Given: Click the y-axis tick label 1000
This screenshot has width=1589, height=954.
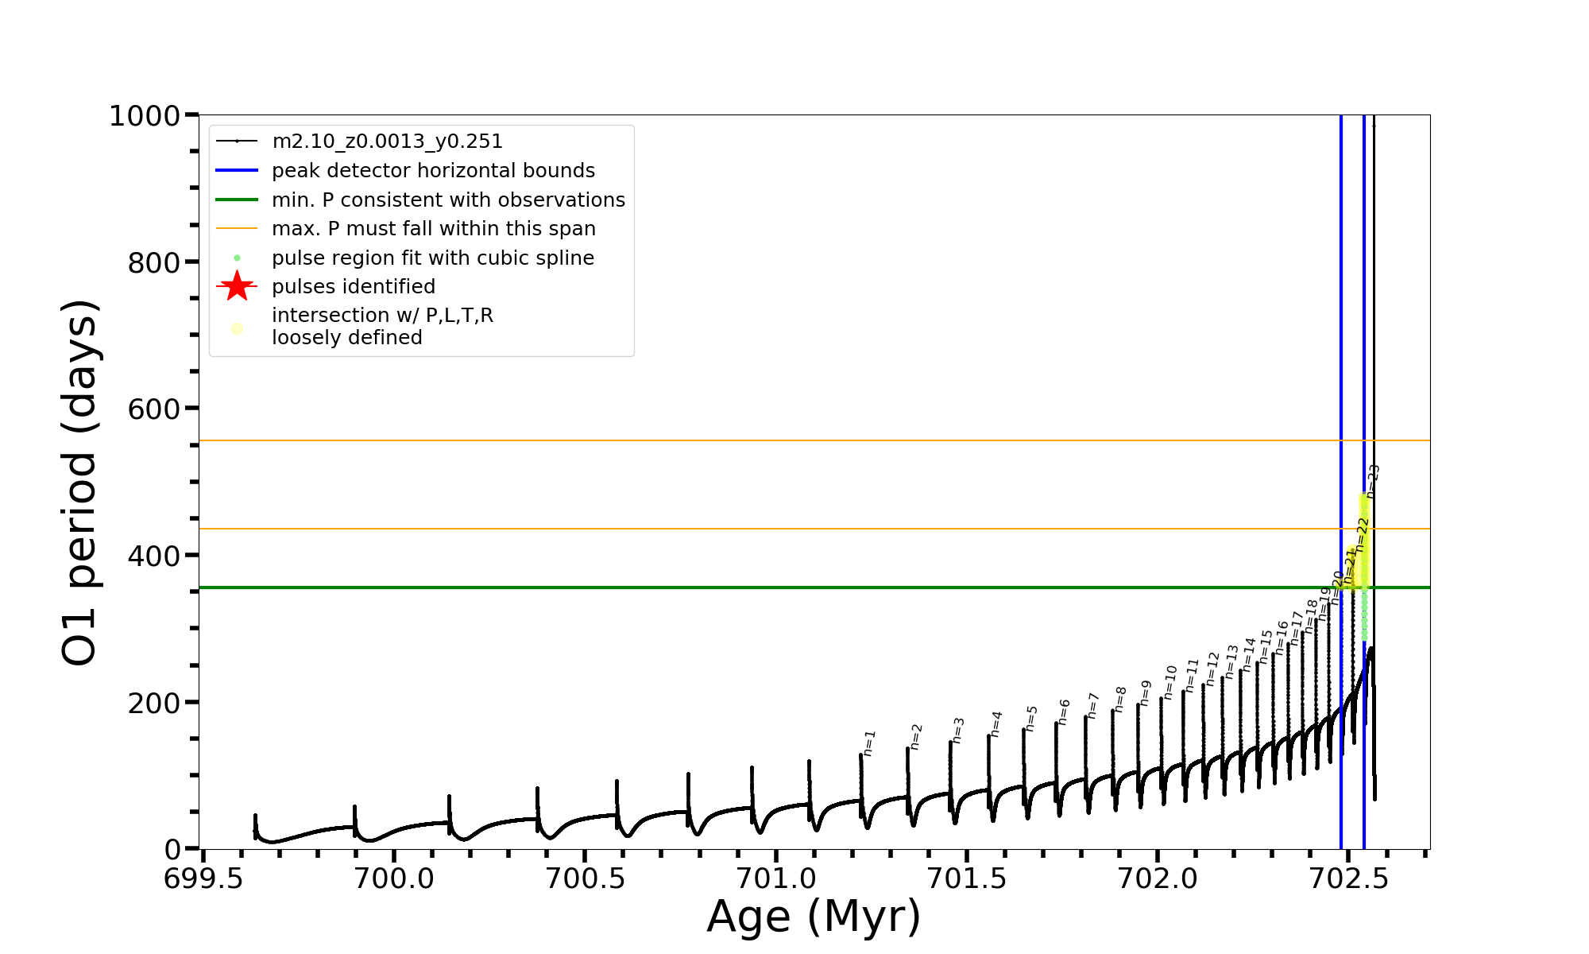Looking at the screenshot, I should (145, 117).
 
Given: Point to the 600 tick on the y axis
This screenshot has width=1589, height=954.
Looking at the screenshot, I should (154, 409).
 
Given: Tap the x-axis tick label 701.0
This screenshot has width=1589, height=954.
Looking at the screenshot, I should (775, 878).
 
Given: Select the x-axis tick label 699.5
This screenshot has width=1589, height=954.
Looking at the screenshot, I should (203, 878).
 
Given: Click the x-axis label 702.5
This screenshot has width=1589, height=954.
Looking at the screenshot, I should (1348, 878).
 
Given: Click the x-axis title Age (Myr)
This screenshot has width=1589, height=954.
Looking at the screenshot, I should (814, 917).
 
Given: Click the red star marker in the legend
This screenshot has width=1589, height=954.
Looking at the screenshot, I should (237, 287).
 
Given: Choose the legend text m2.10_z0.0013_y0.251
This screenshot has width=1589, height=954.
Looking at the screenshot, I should (387, 142).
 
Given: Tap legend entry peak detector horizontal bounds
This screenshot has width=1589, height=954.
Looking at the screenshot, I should (433, 171).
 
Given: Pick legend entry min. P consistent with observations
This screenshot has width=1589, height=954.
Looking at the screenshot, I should (448, 200).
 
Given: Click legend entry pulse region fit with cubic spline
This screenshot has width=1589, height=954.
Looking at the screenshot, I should (432, 258).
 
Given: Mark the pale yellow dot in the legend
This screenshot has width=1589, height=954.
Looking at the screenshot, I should (237, 328).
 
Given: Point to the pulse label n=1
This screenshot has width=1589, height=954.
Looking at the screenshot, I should (869, 743).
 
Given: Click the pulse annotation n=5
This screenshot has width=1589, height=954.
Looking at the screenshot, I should (1031, 718).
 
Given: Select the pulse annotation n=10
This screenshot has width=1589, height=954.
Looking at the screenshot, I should (1170, 682).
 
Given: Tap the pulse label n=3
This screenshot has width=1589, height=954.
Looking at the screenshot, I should (958, 730).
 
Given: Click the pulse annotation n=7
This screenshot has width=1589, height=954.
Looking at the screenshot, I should (1093, 705).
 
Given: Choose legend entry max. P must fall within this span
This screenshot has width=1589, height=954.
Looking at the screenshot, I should (433, 229).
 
